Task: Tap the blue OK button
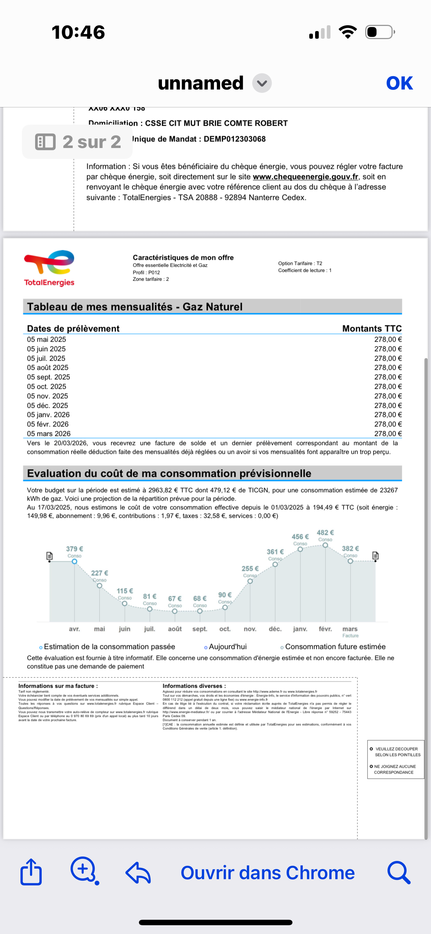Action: point(399,83)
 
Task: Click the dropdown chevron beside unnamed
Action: point(262,83)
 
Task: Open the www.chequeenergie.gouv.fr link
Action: point(305,177)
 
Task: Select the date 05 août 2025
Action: point(48,368)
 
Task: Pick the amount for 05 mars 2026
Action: point(388,434)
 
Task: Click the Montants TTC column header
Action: point(372,329)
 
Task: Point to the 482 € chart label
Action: point(325,533)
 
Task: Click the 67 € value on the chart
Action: point(175,599)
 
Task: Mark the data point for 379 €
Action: point(75,562)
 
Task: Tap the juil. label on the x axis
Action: point(150,629)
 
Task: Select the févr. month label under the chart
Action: point(325,629)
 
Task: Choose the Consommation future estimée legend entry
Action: point(335,647)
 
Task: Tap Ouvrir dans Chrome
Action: point(268,873)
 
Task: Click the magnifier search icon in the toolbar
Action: point(398,873)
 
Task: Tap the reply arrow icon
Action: point(138,873)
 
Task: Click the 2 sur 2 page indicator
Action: point(77,142)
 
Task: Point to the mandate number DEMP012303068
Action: point(235,139)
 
